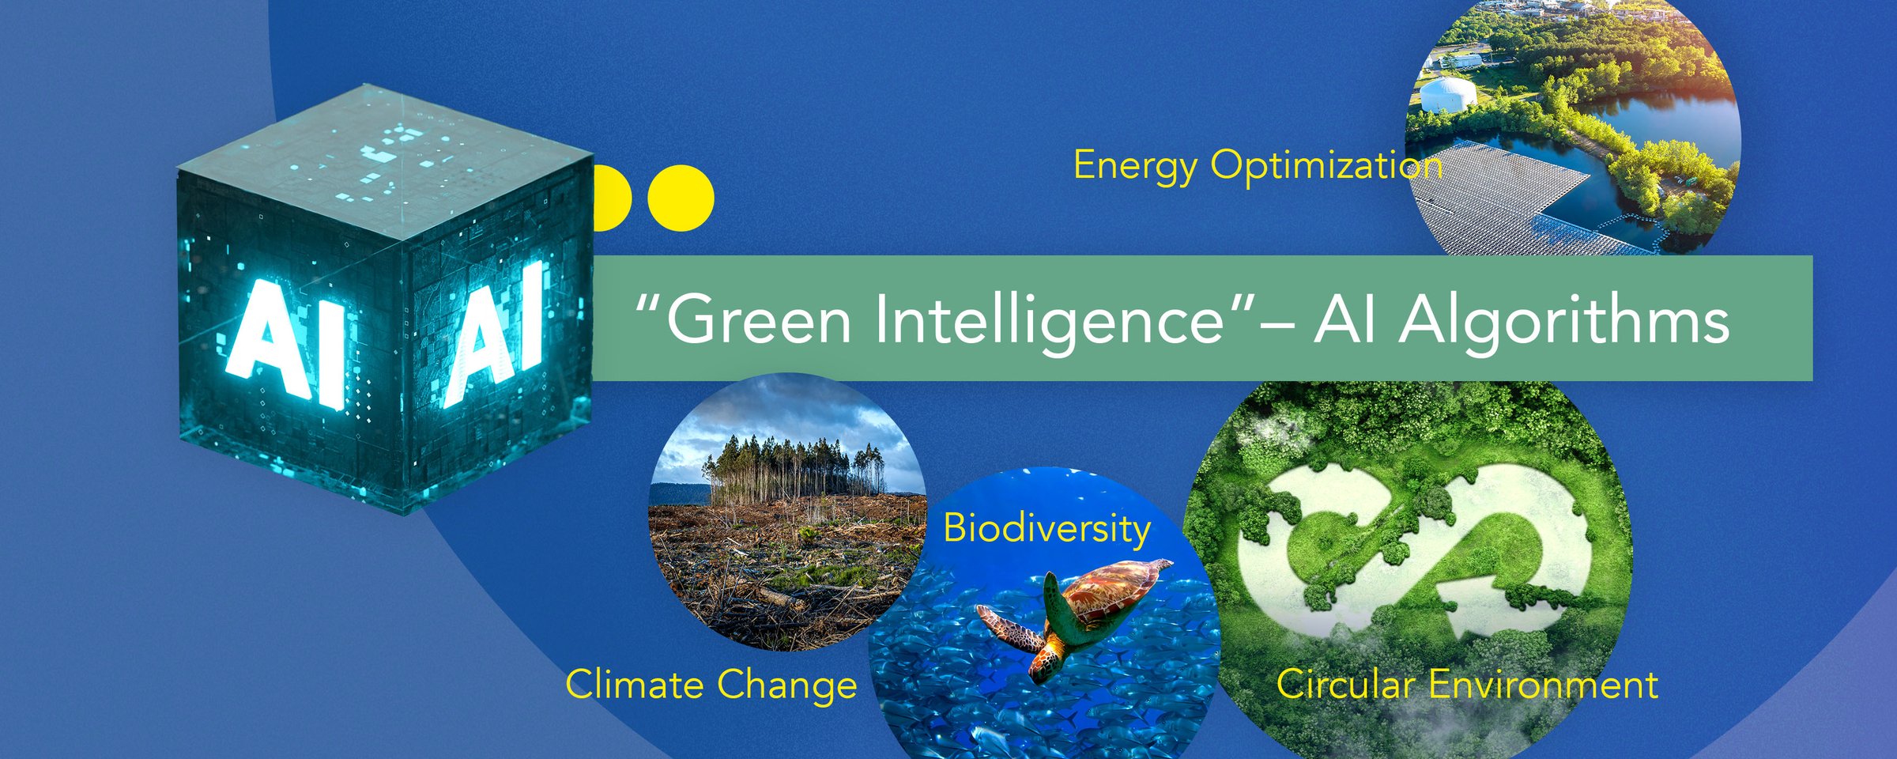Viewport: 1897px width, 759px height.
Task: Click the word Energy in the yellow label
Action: [1135, 167]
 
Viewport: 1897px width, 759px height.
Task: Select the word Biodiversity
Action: [1047, 529]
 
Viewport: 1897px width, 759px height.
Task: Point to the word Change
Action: [786, 685]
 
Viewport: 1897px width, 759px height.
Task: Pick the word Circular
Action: [1345, 684]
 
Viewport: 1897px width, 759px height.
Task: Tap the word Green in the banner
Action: [759, 320]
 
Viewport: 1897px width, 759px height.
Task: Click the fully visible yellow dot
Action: [681, 198]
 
